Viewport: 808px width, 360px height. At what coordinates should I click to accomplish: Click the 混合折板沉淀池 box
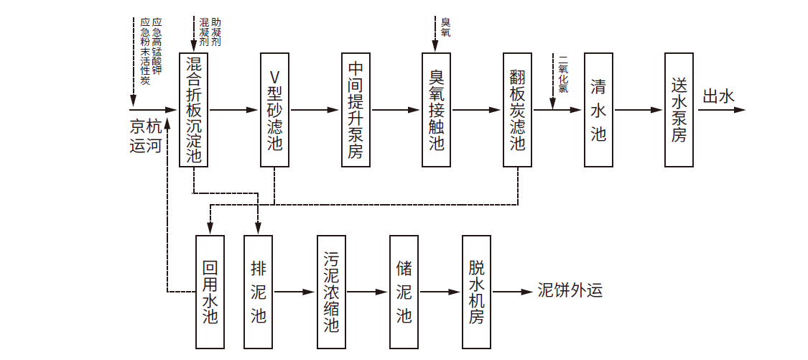click(x=193, y=109)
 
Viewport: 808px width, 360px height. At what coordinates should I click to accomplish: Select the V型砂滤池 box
click(x=274, y=109)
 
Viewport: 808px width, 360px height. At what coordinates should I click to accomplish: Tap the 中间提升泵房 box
click(x=356, y=109)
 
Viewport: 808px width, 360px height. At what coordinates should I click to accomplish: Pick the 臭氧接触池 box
click(x=437, y=109)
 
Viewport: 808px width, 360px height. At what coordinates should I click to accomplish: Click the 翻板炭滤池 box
click(x=518, y=109)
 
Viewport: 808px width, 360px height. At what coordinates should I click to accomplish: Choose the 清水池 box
click(x=598, y=109)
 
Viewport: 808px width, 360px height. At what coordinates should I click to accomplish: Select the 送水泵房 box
click(x=679, y=109)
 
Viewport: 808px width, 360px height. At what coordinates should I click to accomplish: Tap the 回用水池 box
click(x=210, y=292)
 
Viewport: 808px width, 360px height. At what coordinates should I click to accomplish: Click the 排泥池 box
click(x=259, y=292)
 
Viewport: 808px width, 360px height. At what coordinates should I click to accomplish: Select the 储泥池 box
click(x=404, y=292)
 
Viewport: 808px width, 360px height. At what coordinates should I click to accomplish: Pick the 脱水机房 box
click(x=476, y=292)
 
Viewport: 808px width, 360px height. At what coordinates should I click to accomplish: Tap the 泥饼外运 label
click(x=570, y=290)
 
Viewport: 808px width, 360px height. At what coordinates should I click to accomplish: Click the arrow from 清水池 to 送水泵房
click(x=638, y=110)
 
